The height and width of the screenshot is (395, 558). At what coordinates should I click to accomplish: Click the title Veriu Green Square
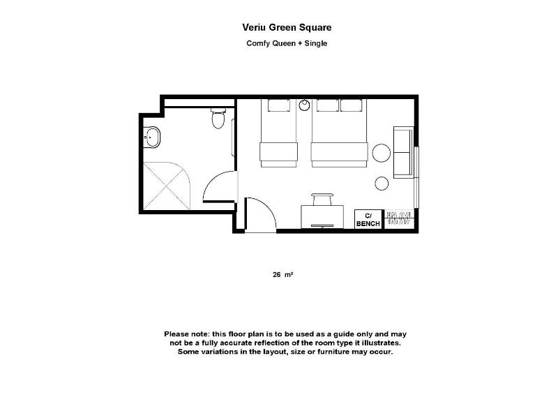click(x=287, y=27)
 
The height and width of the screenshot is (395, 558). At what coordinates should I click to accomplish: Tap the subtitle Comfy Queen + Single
click(x=287, y=43)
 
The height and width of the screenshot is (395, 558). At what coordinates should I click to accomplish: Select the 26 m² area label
click(x=283, y=274)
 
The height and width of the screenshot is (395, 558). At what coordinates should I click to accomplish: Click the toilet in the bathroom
click(x=218, y=118)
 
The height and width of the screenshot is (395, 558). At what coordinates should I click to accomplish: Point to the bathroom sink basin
click(x=152, y=137)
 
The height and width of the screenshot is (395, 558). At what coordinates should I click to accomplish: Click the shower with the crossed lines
click(x=167, y=186)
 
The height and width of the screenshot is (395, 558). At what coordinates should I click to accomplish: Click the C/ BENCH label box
click(x=368, y=220)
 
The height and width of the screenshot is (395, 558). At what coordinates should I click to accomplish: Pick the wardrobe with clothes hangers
click(x=399, y=218)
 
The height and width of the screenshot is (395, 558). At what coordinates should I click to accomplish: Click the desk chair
click(x=322, y=200)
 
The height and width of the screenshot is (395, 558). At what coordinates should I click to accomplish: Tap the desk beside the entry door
click(x=322, y=217)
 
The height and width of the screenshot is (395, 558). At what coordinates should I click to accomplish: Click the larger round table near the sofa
click(x=382, y=153)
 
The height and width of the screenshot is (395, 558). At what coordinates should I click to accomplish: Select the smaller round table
click(x=382, y=184)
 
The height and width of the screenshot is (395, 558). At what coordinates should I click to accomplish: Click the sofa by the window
click(x=403, y=152)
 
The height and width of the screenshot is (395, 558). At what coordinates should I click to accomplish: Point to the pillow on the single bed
click(x=279, y=105)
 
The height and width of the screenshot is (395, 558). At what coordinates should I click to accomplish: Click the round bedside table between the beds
click(x=304, y=105)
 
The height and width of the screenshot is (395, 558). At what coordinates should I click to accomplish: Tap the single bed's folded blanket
click(x=278, y=152)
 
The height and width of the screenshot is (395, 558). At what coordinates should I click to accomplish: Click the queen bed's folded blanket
click(x=340, y=152)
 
